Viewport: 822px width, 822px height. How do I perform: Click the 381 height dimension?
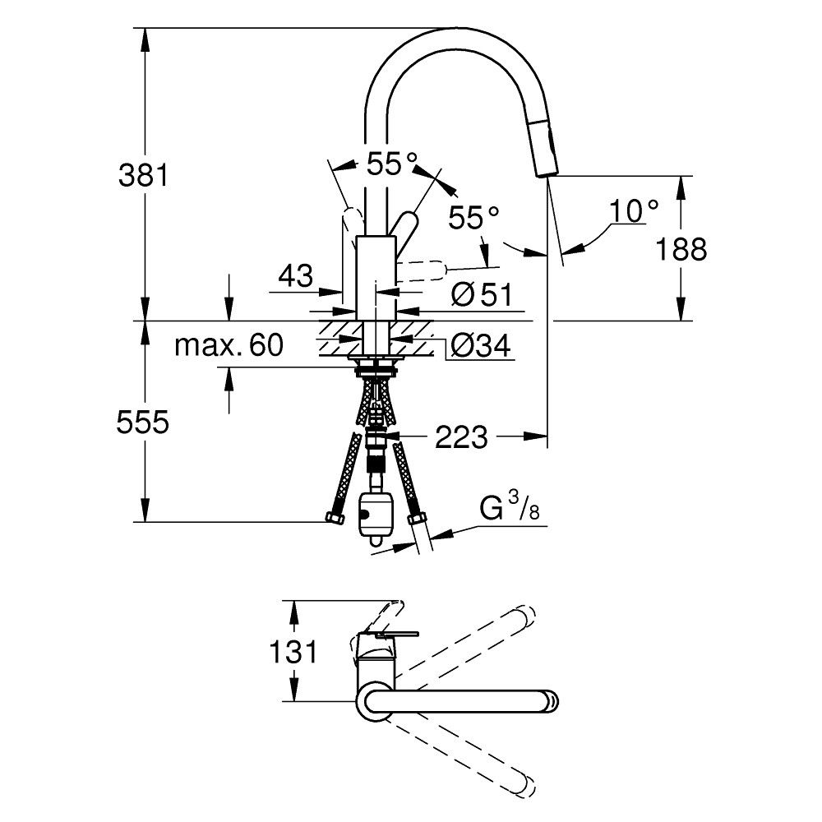(145, 175)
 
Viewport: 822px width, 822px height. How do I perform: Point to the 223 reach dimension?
(462, 438)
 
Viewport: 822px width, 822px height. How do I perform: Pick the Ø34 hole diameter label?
(481, 347)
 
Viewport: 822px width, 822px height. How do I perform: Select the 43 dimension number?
(296, 275)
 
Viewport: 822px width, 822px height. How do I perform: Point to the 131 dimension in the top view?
(293, 653)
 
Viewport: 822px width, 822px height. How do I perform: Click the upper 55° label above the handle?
(392, 165)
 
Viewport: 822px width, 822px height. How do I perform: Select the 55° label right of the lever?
(474, 218)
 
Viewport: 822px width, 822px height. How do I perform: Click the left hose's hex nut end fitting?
(335, 520)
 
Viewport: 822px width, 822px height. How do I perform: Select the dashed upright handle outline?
(352, 224)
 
